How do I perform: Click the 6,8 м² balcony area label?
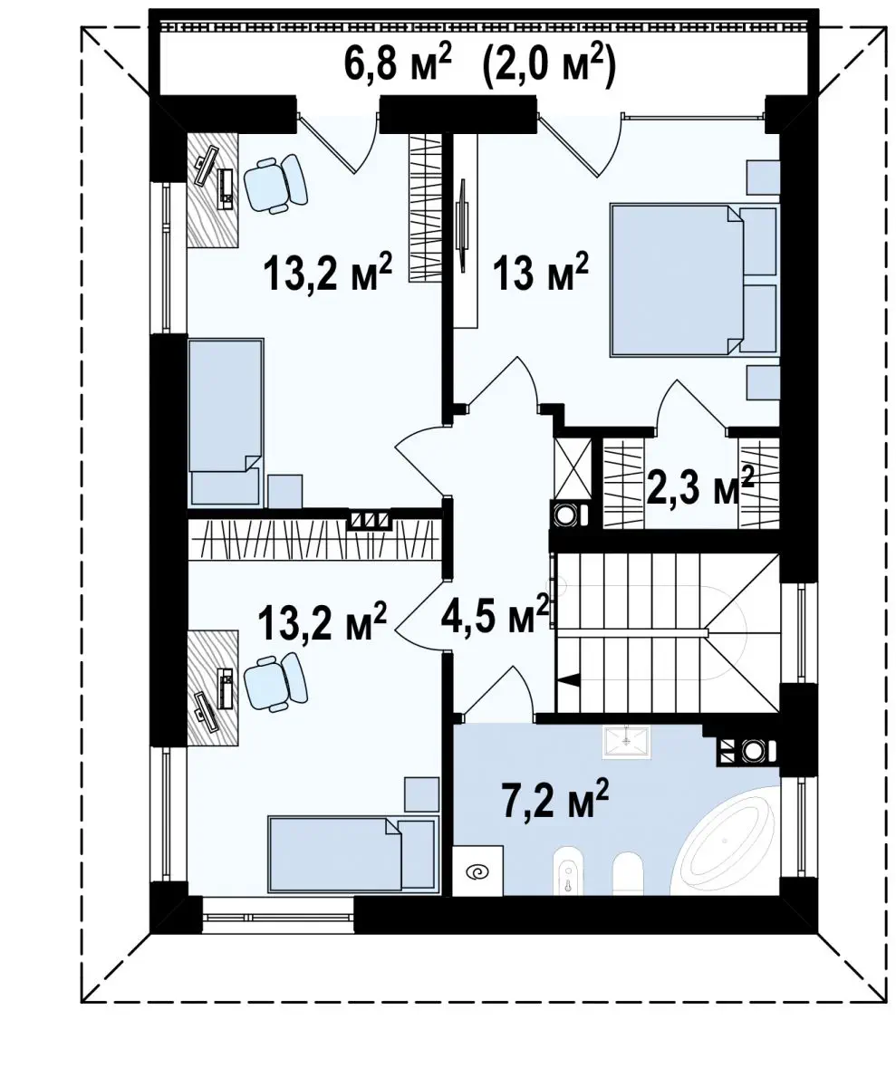pos(397,63)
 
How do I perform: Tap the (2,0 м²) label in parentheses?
pos(550,63)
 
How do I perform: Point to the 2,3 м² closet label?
pos(699,486)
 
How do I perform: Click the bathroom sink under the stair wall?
pos(626,743)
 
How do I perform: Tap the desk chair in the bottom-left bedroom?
pos(275,682)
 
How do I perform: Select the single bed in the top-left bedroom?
pos(226,422)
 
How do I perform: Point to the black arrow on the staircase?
pos(568,680)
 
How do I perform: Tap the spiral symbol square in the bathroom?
pos(477,871)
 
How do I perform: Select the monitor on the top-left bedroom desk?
pos(207,163)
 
